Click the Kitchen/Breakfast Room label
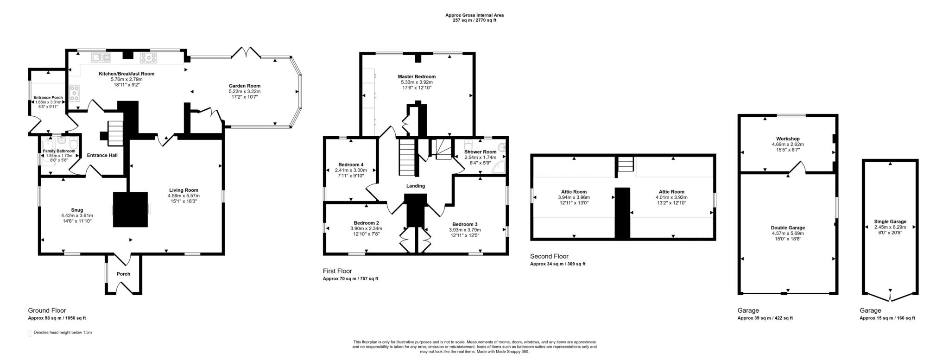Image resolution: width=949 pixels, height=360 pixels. [x=126, y=74]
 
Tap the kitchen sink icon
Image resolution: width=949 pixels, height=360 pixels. [x=101, y=57]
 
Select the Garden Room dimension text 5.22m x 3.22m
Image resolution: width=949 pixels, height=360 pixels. [x=244, y=92]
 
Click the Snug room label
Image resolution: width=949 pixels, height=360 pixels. [x=77, y=210]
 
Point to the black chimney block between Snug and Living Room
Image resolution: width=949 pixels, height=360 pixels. [x=130, y=209]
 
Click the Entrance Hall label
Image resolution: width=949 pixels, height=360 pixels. [x=102, y=155]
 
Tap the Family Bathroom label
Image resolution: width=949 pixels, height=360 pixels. [x=59, y=151]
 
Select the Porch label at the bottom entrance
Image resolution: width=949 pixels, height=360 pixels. [x=123, y=274]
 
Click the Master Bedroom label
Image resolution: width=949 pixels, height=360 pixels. [x=417, y=76]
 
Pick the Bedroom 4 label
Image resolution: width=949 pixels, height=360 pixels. [x=351, y=164]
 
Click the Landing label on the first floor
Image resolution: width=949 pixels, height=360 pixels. [x=415, y=186]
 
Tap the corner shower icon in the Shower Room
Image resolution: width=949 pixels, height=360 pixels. [x=500, y=167]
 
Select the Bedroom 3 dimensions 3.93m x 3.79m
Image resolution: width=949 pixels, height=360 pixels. [x=464, y=230]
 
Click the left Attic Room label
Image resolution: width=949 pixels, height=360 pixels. [x=574, y=192]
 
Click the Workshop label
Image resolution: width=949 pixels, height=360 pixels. [x=788, y=139]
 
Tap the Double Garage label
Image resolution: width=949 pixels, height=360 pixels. [x=788, y=227]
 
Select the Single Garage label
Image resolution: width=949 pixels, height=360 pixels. [x=890, y=221]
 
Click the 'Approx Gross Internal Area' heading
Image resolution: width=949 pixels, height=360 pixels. [x=474, y=15]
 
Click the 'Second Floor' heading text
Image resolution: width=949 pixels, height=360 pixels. [x=549, y=256]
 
